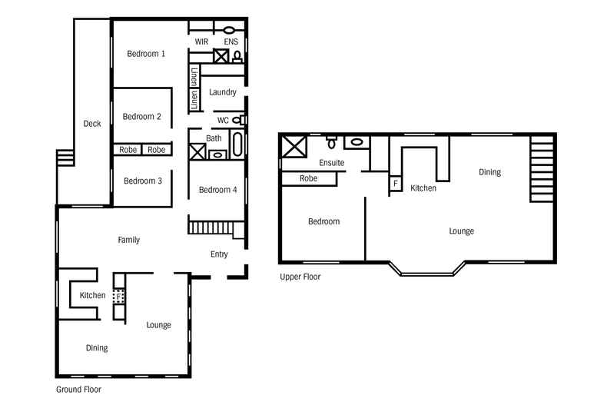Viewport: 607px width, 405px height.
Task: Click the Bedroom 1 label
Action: pos(146,54)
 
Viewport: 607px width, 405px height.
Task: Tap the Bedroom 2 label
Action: pos(142,117)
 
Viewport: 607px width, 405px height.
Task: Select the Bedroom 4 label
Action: pos(217,190)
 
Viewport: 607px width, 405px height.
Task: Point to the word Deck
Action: pos(92,124)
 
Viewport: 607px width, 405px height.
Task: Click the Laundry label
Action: pos(222,93)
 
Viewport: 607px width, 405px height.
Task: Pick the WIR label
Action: pos(202,41)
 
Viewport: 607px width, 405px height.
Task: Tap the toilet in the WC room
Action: pos(240,120)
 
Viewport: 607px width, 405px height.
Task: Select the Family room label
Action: pos(128,240)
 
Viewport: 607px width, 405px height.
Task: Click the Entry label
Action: pos(219,254)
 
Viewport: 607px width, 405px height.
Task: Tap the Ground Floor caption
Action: pos(78,390)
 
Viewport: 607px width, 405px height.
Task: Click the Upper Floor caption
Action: pos(300,277)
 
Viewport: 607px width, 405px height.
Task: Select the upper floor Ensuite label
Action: pos(331,163)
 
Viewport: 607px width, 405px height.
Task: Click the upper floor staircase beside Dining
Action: pos(541,169)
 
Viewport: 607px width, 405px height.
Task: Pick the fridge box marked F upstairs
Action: pos(396,184)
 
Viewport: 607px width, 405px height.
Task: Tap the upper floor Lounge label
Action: pos(461,231)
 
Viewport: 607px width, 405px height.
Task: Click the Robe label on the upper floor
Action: pos(309,178)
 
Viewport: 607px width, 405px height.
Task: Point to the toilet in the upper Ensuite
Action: pos(331,143)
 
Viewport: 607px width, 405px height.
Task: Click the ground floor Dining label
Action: pos(97,348)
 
